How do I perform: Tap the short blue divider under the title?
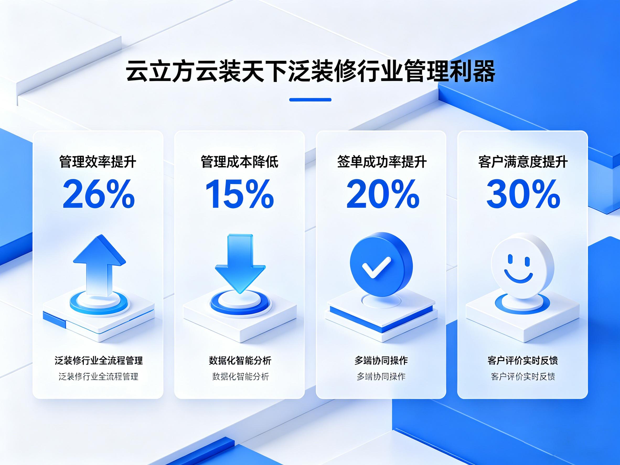pos(310,99)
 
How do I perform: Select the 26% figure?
pos(98,194)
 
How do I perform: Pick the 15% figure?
pos(240,194)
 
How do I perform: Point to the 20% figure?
pos(383,194)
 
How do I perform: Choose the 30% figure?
pos(523,194)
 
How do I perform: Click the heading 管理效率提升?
pos(98,162)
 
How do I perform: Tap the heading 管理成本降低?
pos(240,162)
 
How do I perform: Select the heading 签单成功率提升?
pos(382,162)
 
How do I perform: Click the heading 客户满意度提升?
pos(523,162)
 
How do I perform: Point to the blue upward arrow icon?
pos(99,265)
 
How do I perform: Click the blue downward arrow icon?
pos(240,264)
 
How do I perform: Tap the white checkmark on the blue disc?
pos(376,267)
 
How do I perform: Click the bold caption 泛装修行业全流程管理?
pos(99,360)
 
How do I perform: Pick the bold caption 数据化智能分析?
pos(240,360)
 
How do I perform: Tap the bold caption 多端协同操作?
pos(381,360)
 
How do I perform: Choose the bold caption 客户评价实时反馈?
pos(522,360)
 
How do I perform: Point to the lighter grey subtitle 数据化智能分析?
pos(240,376)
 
